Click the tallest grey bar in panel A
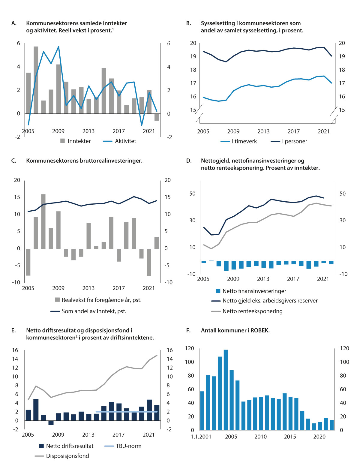pos(36,80)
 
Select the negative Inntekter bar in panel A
pos(157,117)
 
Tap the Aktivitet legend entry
pos(125,141)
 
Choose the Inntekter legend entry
pos(79,141)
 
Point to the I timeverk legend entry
pos(244,141)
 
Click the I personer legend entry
pos(294,141)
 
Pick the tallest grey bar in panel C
pos(43,221)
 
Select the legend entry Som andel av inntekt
pos(94,311)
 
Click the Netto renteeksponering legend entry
pos(252,311)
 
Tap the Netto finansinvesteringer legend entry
pos(254,291)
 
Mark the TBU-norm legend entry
pos(128,446)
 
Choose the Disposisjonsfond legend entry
pos(67,456)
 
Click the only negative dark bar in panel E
pos(51,422)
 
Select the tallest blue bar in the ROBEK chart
pos(226,389)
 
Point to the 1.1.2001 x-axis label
pos(201,437)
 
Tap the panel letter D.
pos(189,161)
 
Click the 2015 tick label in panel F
pos(290,437)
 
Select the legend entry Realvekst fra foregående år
pos(101,300)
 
